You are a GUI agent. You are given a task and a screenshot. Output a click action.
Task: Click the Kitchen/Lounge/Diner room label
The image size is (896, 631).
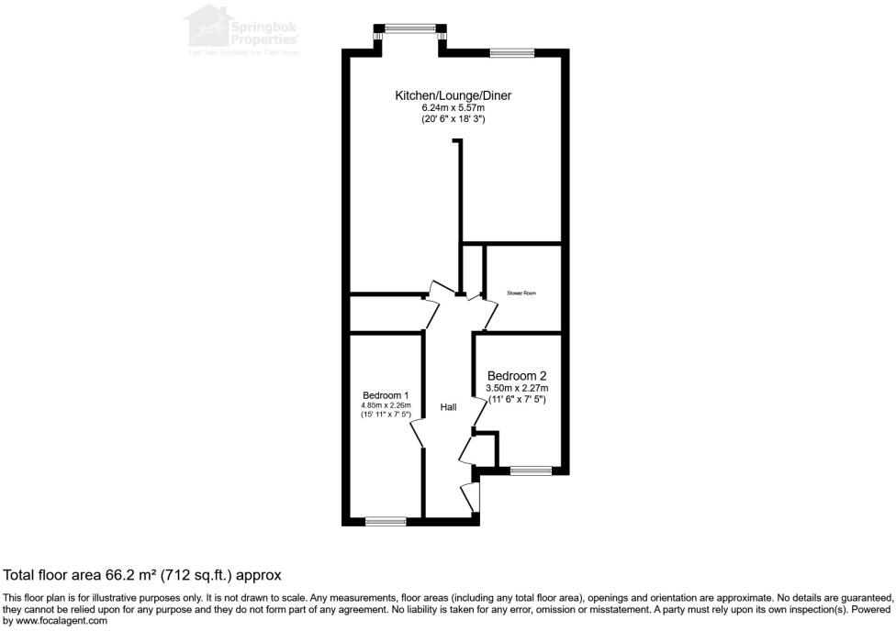[453, 95]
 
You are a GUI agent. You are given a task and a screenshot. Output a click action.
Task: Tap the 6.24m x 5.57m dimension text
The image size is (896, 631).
[453, 108]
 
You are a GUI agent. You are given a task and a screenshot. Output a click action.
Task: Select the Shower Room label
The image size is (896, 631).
[521, 293]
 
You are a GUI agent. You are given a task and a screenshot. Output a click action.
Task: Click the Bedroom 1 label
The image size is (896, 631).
[386, 395]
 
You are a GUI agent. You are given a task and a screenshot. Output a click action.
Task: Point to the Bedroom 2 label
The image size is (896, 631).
[517, 376]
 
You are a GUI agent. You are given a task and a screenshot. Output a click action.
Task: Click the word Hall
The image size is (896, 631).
[448, 407]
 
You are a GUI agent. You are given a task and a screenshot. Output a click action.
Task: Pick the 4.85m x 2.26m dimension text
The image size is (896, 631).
[386, 405]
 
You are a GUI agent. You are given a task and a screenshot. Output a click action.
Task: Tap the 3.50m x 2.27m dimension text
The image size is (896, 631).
[517, 389]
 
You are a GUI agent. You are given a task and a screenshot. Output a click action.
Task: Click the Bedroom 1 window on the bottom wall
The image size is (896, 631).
[386, 522]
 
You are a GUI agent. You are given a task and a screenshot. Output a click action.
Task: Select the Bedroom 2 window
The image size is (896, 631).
[531, 471]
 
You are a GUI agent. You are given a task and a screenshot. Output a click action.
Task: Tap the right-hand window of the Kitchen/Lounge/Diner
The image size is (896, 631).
[511, 52]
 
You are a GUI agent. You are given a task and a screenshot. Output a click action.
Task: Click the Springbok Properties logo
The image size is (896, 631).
[242, 30]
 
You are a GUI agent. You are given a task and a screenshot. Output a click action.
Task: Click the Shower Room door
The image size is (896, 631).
[489, 312]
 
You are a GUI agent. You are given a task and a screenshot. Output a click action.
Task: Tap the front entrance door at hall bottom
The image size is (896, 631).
[471, 496]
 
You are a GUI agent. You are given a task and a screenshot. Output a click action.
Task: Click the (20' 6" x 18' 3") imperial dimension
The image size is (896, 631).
[453, 119]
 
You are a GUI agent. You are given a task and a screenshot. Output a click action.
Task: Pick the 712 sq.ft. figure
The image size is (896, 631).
[196, 575]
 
